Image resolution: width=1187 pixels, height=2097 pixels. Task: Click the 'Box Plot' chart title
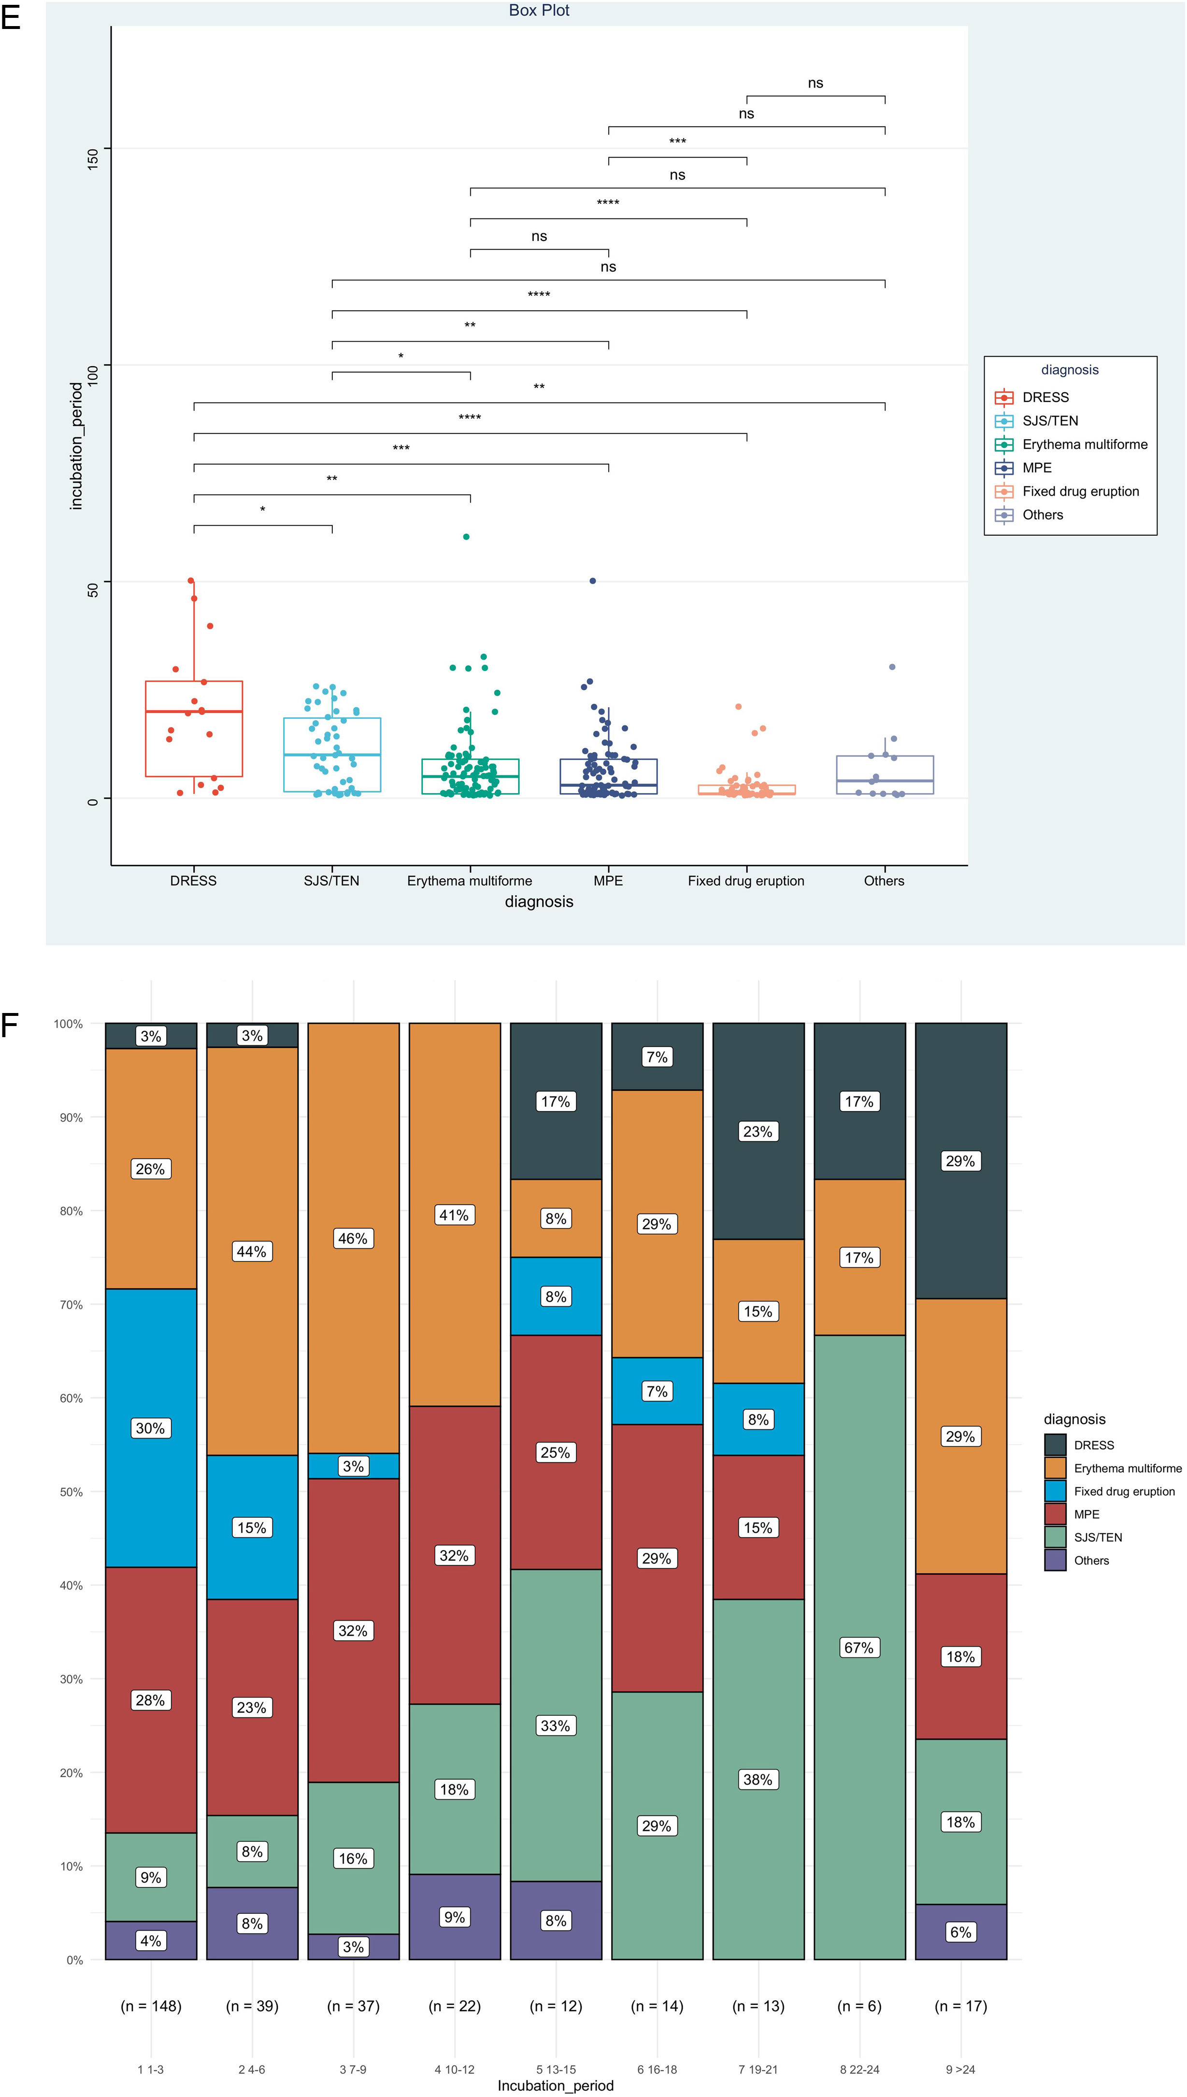(539, 11)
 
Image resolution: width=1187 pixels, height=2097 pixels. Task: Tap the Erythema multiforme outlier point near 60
(466, 536)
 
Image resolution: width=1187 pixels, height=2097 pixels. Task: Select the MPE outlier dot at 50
(593, 581)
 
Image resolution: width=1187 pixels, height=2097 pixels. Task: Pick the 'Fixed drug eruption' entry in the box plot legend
(1080, 491)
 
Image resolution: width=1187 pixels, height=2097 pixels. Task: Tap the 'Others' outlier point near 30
(892, 667)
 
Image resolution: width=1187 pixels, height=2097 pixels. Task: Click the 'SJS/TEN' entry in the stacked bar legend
(1097, 1537)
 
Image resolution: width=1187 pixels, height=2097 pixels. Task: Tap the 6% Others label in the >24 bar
(960, 1932)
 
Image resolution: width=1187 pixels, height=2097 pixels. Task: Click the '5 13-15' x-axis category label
(556, 2069)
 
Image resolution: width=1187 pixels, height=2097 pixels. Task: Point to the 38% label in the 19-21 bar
(758, 1779)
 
